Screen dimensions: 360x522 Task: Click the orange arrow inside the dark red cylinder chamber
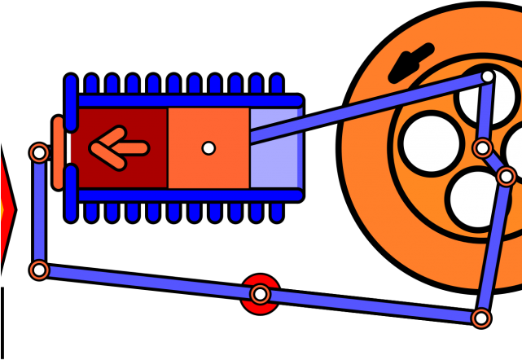pos(118,147)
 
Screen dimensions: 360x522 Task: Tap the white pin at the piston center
pos(208,148)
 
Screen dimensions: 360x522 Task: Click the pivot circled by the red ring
pos(260,294)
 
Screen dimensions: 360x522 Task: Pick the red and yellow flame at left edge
pos(5,210)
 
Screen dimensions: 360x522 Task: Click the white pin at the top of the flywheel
pos(487,77)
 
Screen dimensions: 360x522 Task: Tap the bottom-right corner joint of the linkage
pos(481,318)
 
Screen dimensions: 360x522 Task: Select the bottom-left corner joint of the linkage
pos(39,270)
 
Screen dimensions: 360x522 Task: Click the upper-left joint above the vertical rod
pos(39,152)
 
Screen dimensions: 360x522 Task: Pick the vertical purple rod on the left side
pos(39,212)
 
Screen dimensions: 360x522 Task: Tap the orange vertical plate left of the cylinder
pos(58,152)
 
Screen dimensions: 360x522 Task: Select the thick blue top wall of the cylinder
pos(187,101)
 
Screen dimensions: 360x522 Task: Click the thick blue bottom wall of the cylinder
pos(187,195)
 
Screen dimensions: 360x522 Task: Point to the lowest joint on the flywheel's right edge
pos(506,176)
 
